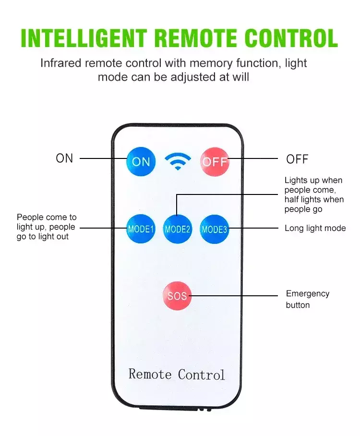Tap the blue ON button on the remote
(141, 162)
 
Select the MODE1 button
(141, 229)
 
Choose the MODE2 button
(178, 229)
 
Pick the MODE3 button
(214, 229)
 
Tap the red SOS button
(177, 296)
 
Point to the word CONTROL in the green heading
(291, 38)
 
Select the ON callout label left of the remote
(64, 158)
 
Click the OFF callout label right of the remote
(297, 159)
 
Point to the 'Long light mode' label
(315, 228)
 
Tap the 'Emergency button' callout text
(307, 299)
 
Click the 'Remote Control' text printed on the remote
(177, 375)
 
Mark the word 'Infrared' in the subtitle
(59, 63)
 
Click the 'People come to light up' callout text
(46, 227)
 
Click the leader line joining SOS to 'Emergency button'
(235, 296)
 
